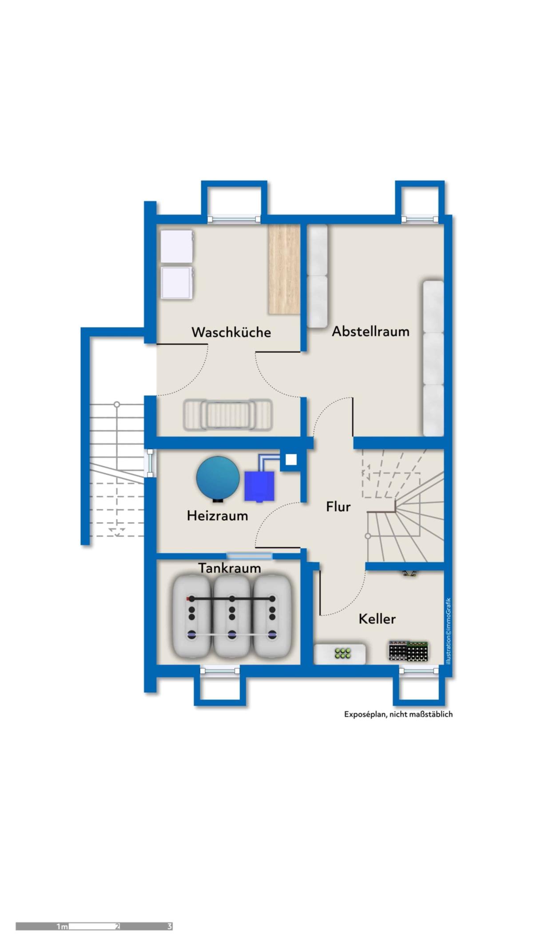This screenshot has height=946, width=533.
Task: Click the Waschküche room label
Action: pos(231,332)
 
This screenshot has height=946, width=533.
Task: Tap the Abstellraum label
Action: pos(371,331)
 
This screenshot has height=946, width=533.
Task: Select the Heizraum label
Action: pos(217,516)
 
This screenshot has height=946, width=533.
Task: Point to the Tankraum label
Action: pos(229,568)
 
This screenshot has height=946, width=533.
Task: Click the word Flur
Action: pos(338,507)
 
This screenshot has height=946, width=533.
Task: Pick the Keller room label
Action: pos(377,619)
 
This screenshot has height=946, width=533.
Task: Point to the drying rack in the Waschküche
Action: pos(226,415)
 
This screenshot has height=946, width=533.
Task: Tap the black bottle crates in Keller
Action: pos(408,651)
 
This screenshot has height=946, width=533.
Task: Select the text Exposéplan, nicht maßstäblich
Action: pos(398,714)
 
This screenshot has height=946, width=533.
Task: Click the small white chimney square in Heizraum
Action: pos(291,460)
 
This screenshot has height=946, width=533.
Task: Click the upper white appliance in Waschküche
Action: pos(177,246)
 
